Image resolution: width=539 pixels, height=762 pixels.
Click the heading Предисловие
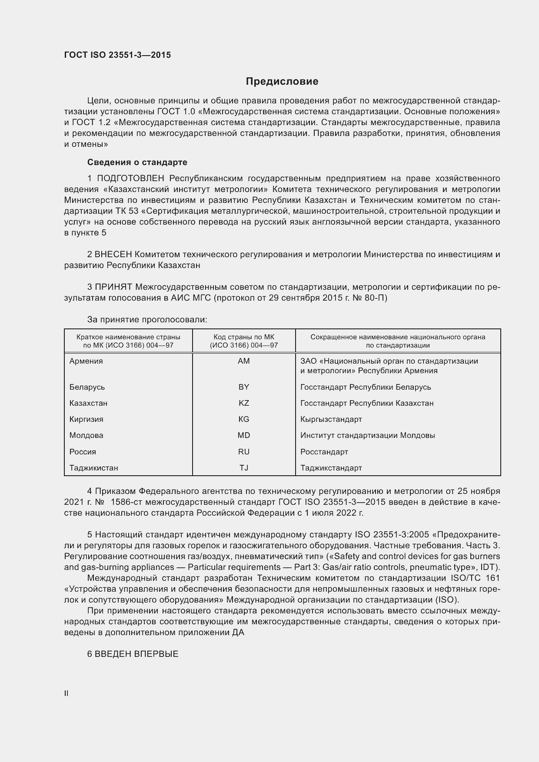[x=282, y=81]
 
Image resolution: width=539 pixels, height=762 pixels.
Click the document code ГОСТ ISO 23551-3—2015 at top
[x=117, y=55]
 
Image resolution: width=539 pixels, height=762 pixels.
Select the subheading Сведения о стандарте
[x=137, y=162]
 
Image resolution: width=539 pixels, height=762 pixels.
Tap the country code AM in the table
[x=244, y=361]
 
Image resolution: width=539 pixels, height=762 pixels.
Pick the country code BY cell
[x=244, y=387]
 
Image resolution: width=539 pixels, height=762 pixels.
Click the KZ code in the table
[x=244, y=403]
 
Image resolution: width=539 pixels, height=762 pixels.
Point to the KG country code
[x=244, y=419]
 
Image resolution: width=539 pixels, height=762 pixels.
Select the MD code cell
[x=244, y=435]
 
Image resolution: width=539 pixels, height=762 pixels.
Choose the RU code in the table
[x=244, y=452]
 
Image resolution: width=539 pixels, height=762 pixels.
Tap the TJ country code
[x=244, y=468]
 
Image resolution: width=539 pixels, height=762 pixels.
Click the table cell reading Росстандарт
[x=324, y=452]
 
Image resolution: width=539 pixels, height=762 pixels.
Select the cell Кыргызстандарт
[x=331, y=419]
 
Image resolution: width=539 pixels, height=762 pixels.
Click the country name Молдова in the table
[x=87, y=435]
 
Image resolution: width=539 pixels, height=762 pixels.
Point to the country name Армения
[x=86, y=361]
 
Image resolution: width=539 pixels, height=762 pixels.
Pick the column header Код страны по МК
[x=244, y=337]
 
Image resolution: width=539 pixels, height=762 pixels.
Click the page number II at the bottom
[x=67, y=693]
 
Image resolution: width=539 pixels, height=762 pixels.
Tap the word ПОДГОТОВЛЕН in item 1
[x=130, y=179]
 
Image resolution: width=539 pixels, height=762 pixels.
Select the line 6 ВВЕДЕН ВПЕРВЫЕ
[x=133, y=654]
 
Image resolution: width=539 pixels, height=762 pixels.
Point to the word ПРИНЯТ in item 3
[x=113, y=287]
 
